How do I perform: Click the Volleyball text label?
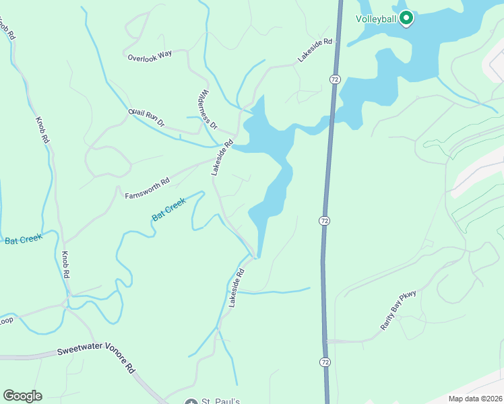click(x=376, y=19)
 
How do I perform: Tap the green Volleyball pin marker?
click(x=406, y=18)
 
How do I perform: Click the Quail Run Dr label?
click(x=146, y=119)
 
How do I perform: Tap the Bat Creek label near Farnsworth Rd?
click(x=168, y=209)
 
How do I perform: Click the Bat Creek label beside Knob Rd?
click(x=23, y=238)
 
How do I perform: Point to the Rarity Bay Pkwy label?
click(x=399, y=310)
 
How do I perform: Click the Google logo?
click(x=22, y=396)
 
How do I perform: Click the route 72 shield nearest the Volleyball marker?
click(x=335, y=79)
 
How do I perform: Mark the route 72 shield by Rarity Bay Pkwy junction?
click(x=325, y=362)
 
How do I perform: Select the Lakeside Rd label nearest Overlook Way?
click(x=315, y=50)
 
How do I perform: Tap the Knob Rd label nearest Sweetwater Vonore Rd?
click(x=65, y=266)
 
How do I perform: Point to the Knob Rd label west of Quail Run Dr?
click(x=43, y=129)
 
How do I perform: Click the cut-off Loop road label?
click(x=6, y=321)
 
